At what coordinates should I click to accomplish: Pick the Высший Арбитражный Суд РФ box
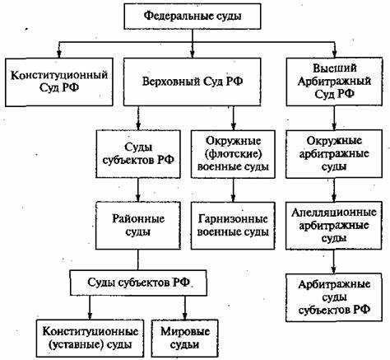[335, 81]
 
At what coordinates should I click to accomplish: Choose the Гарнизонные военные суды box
[234, 227]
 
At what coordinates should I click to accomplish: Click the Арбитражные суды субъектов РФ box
[335, 299]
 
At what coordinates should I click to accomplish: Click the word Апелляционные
[335, 213]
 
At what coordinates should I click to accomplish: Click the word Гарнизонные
[234, 219]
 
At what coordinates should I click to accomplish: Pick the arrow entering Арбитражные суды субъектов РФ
[335, 263]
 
